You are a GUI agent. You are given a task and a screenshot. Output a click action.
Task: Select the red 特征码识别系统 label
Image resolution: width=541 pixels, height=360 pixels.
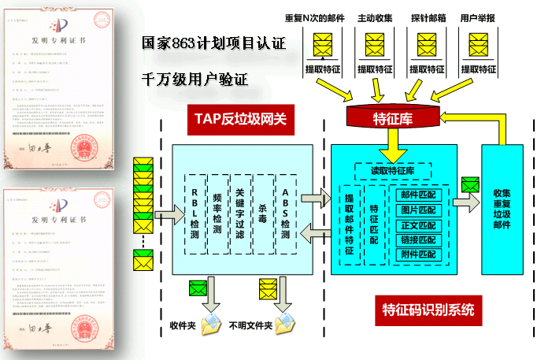(428, 309)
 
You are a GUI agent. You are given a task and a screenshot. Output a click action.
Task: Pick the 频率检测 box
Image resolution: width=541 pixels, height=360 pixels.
(217, 212)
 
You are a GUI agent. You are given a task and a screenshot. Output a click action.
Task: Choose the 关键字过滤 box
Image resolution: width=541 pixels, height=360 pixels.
(240, 212)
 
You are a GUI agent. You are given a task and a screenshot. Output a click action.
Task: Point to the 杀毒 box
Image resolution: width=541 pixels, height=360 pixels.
(263, 212)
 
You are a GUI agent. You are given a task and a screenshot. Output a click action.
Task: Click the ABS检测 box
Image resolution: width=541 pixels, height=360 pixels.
(286, 212)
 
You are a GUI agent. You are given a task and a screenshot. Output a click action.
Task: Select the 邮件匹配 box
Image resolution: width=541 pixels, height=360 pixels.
(418, 194)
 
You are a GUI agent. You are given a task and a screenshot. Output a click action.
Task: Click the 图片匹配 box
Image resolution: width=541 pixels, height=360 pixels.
(418, 210)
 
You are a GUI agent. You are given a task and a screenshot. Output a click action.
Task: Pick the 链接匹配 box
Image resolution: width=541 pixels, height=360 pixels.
(418, 239)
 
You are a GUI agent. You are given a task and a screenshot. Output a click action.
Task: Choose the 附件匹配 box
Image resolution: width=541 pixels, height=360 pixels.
(418, 254)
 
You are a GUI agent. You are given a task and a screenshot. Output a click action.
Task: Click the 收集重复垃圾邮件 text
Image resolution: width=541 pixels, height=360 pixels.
(502, 208)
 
